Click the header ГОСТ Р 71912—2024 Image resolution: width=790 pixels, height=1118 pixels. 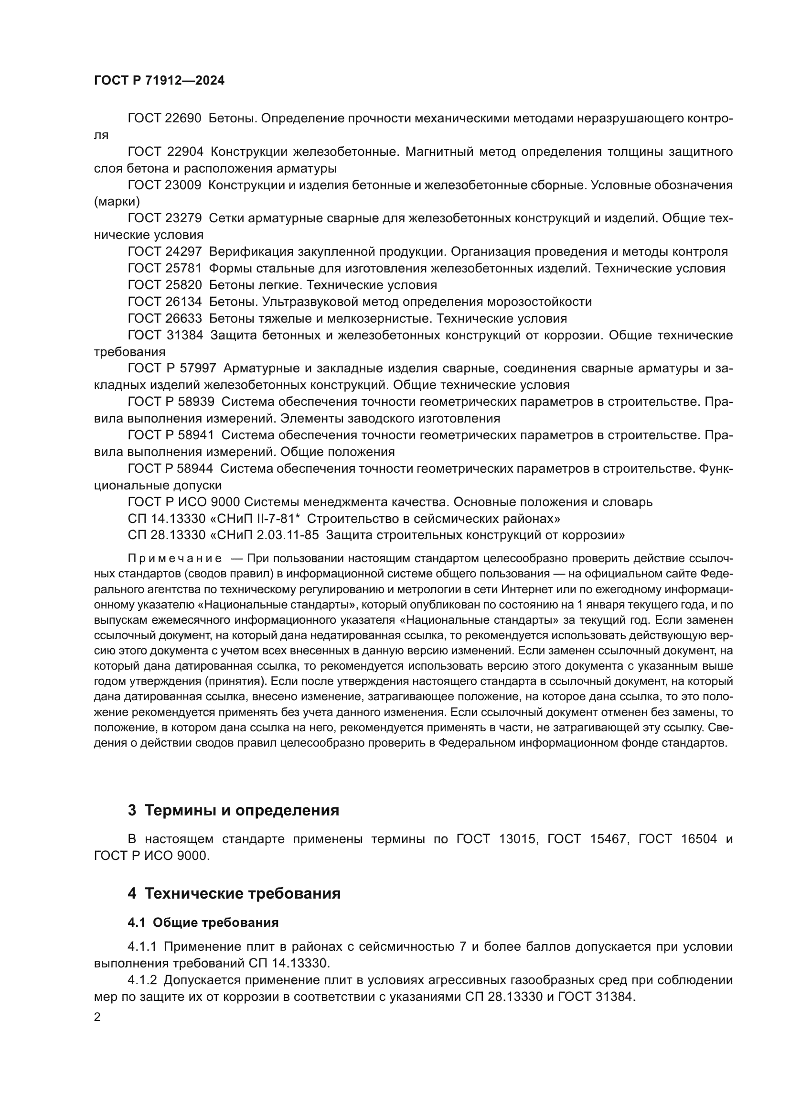coord(159,81)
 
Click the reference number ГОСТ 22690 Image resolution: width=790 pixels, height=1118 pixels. coord(164,119)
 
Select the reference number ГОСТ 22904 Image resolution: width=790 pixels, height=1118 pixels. coord(164,152)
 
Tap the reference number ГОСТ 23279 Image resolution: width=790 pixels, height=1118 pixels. coord(164,218)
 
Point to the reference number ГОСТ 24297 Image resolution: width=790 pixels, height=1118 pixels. coord(164,252)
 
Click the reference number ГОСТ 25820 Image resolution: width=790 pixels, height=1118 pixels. coord(164,285)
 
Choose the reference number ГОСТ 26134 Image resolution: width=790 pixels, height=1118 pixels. coord(164,302)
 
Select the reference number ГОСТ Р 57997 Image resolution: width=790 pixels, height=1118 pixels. coord(171,368)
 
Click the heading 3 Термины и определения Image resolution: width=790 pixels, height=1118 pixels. coord(234,810)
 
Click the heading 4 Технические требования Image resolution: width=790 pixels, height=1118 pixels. coord(234,893)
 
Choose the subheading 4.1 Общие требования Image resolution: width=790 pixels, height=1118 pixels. coord(203,922)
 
